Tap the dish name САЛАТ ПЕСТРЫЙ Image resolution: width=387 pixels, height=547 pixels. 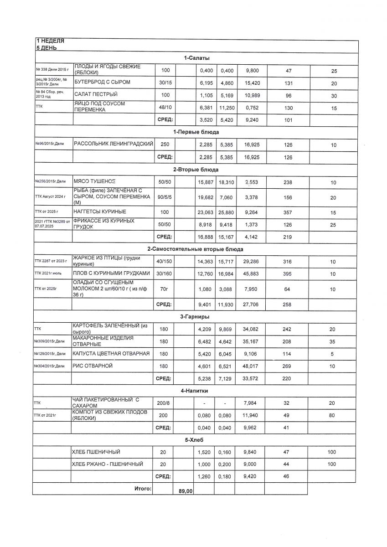(96, 94)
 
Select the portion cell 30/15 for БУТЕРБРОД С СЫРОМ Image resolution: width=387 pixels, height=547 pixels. (165, 82)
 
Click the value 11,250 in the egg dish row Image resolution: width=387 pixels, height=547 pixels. (226, 107)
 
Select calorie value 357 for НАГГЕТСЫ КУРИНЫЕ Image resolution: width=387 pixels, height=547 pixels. (288, 212)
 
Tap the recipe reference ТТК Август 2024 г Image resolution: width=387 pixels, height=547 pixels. (51, 196)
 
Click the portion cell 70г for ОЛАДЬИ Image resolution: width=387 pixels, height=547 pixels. (165, 289)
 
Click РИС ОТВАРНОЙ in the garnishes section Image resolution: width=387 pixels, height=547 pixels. (93, 366)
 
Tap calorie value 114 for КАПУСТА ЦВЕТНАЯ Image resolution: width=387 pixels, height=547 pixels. (288, 353)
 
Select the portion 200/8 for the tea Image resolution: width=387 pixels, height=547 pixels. (165, 403)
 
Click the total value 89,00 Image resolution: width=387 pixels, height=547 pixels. (186, 491)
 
